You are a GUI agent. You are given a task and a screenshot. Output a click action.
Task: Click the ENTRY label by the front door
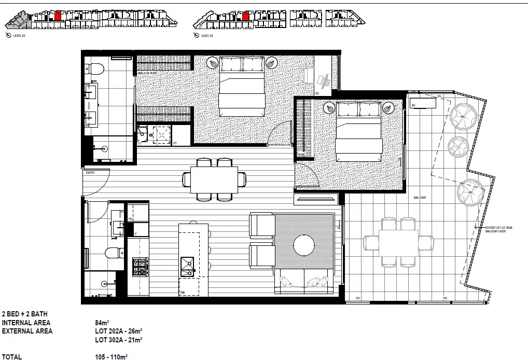coord(91,173)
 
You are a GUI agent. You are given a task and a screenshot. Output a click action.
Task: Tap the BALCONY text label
coord(420,198)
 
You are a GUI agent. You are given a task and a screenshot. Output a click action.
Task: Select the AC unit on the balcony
coord(423,104)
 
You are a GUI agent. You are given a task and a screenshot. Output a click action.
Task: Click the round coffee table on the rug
coord(304,245)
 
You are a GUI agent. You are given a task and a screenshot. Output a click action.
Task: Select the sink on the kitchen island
coord(187,266)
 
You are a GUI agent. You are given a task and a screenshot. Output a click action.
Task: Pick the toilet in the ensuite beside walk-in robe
coord(95,69)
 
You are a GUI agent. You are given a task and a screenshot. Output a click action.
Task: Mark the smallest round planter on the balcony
coord(457,146)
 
